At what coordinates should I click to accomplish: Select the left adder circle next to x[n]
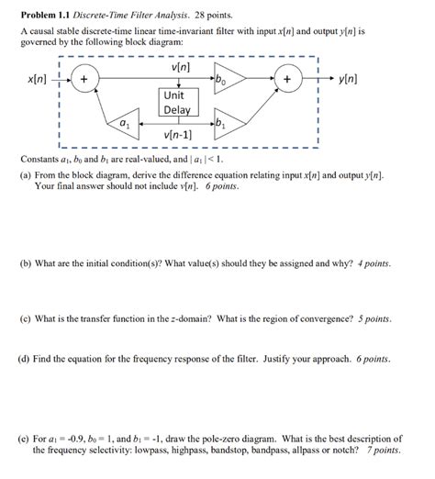tap(84, 81)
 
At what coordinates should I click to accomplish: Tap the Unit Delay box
tap(174, 103)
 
